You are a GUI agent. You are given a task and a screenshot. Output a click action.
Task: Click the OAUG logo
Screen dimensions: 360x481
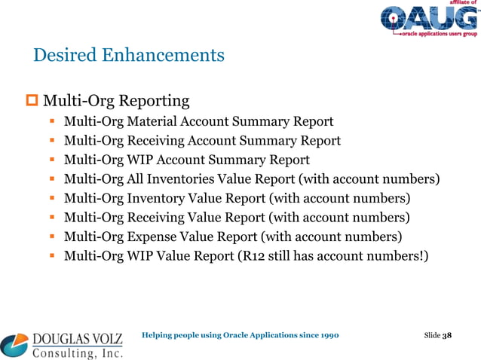(x=427, y=20)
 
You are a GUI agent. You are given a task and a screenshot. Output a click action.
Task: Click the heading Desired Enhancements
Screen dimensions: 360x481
(x=128, y=55)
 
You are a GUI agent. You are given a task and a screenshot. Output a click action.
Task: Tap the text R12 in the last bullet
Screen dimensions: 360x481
(x=251, y=257)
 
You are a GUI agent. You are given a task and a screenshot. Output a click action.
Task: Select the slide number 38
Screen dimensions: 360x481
(x=446, y=334)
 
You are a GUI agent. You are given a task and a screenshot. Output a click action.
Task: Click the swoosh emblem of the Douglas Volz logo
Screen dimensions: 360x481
(x=14, y=345)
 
